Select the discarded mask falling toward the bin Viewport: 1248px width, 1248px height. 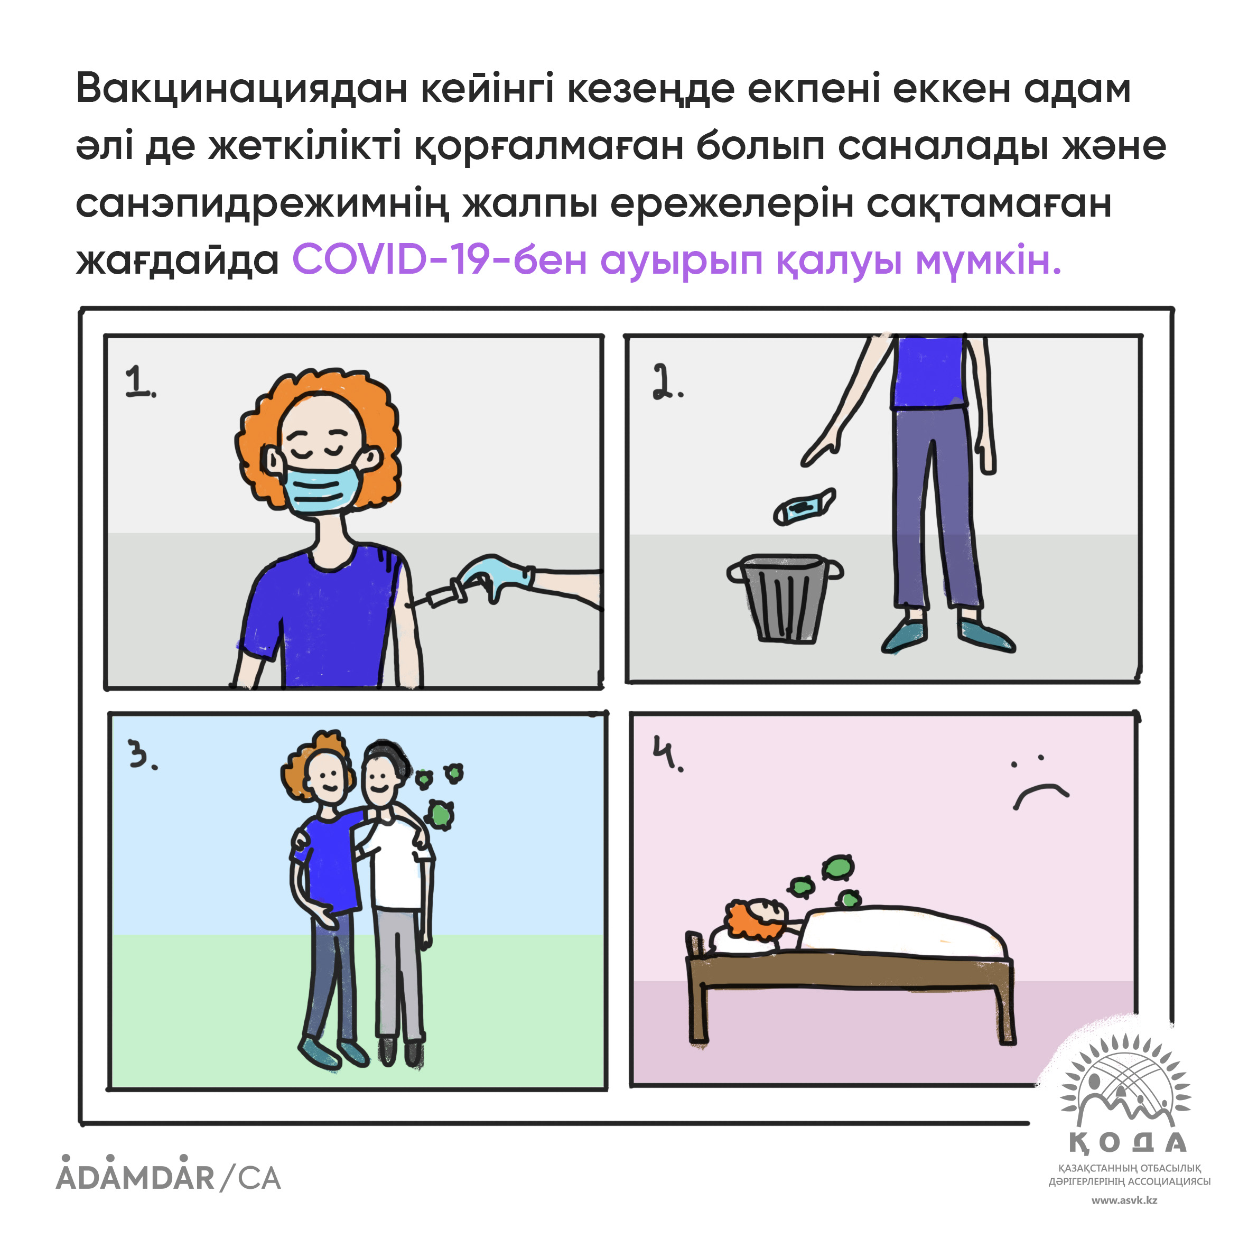click(x=804, y=506)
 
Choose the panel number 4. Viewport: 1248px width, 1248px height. click(x=665, y=755)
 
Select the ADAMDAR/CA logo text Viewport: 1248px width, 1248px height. click(x=168, y=1177)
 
